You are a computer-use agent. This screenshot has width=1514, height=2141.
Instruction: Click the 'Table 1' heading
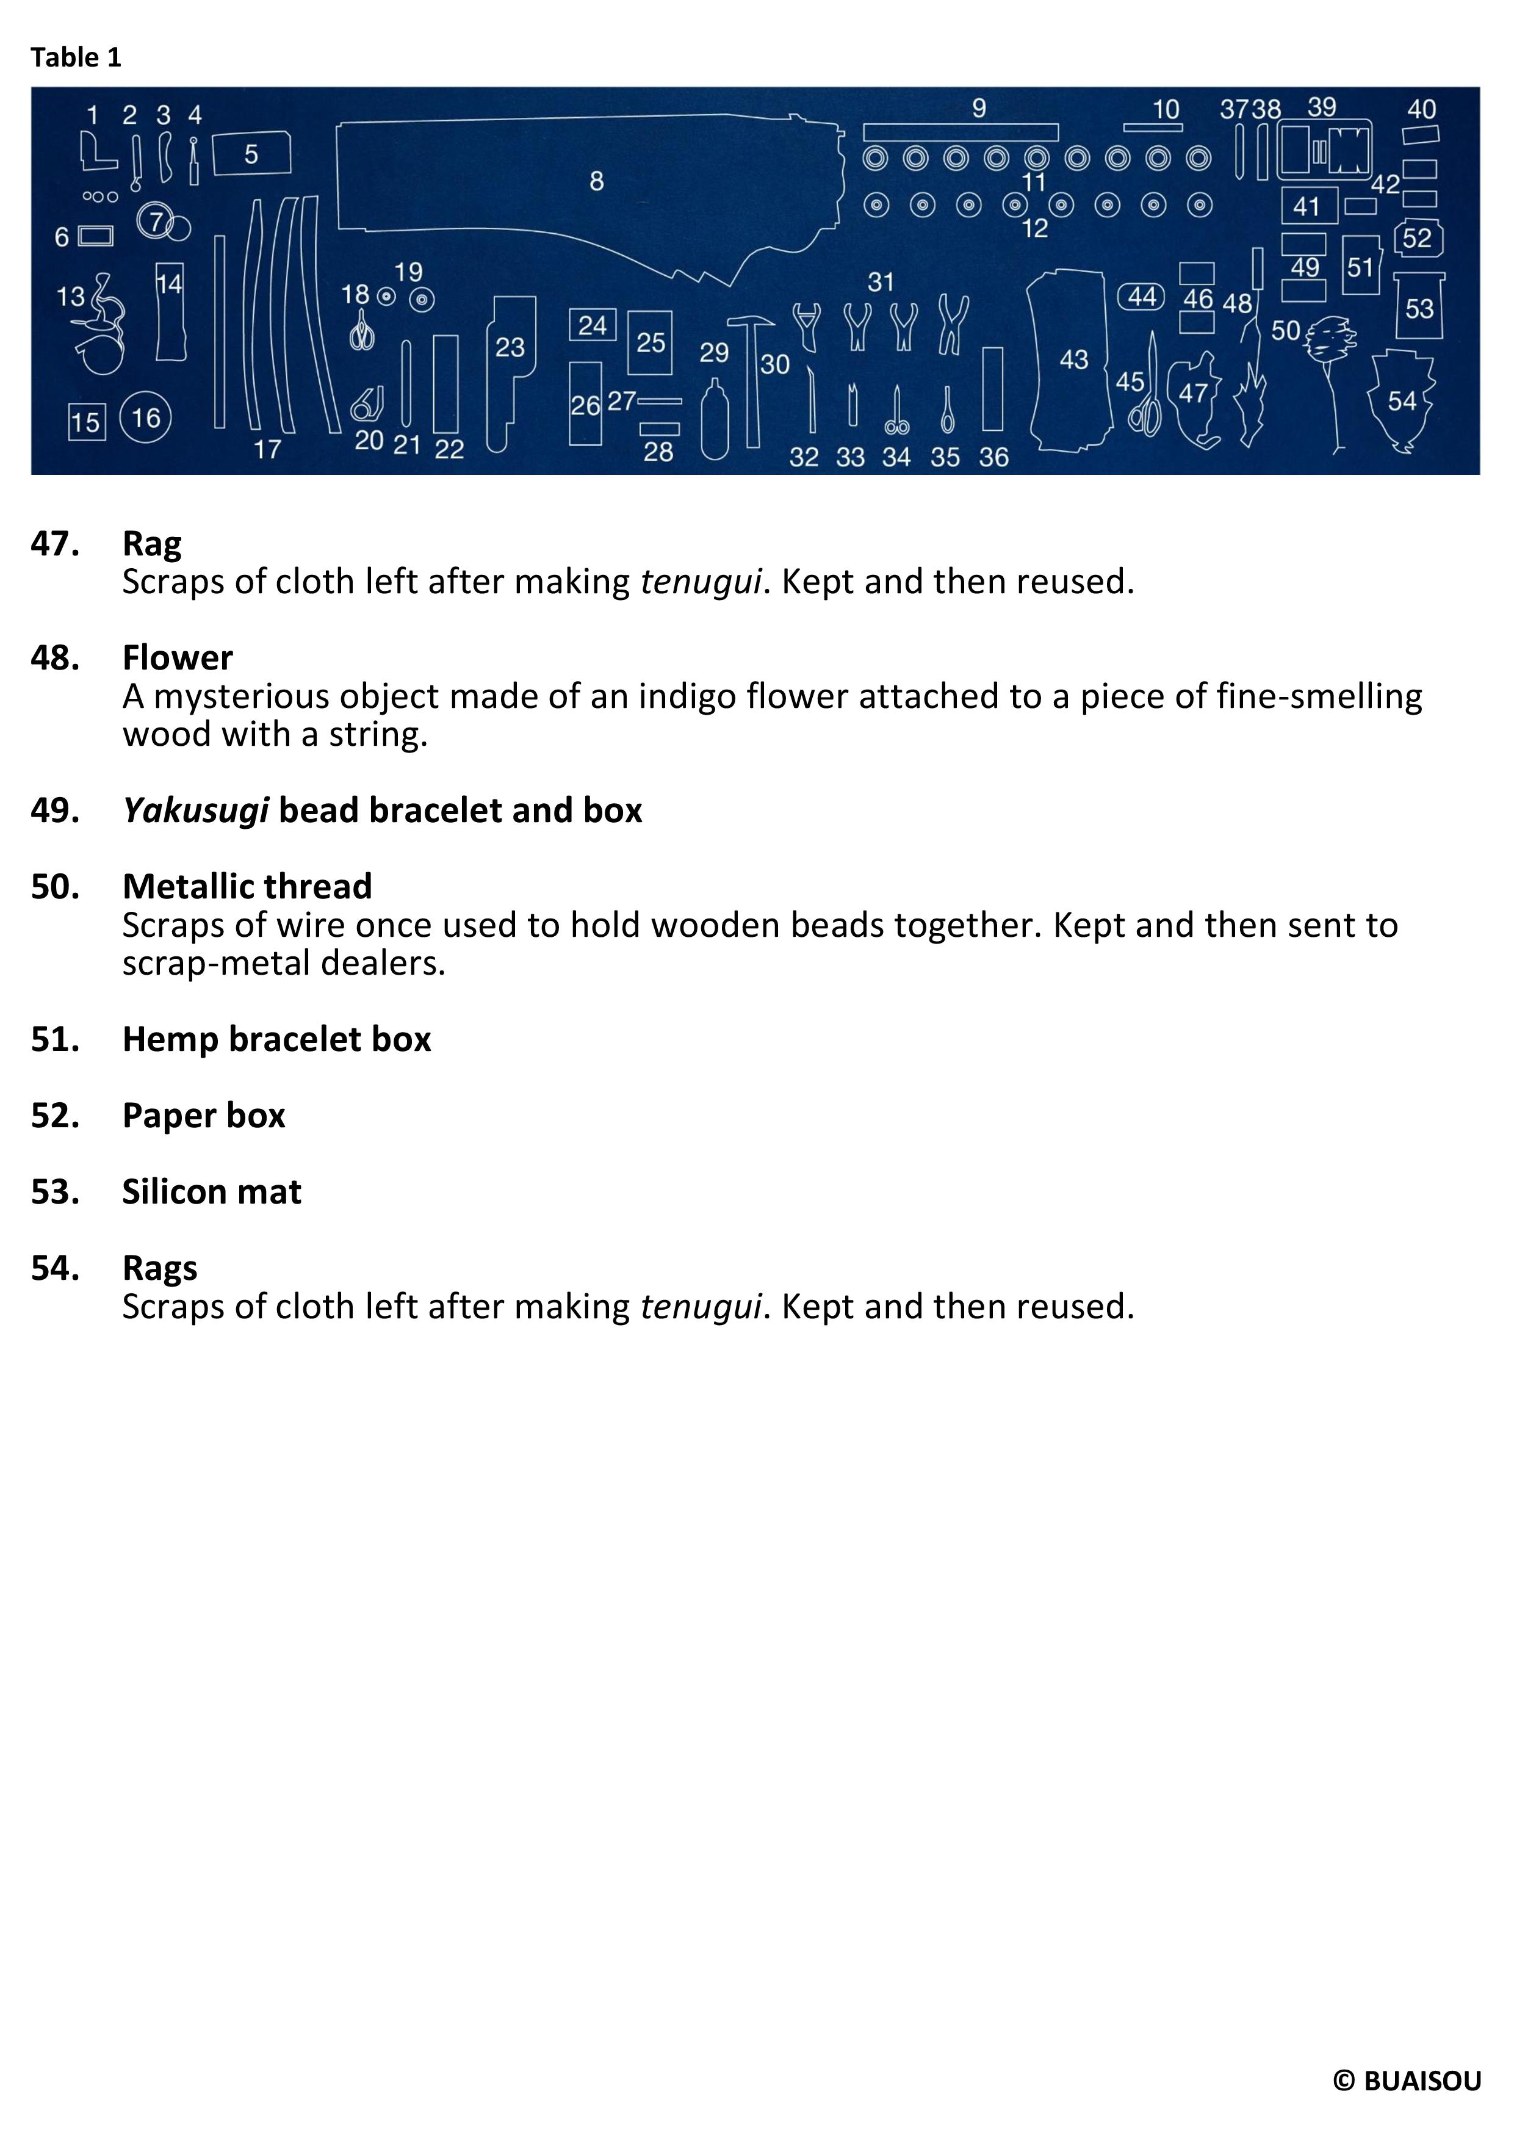pyautogui.click(x=76, y=58)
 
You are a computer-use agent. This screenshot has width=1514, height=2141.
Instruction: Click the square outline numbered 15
pyautogui.click(x=87, y=422)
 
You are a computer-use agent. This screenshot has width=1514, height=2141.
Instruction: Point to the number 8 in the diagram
pyautogui.click(x=597, y=181)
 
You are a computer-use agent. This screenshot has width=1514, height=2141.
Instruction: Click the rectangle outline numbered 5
pyautogui.click(x=251, y=154)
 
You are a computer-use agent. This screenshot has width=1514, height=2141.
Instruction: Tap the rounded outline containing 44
pyautogui.click(x=1142, y=297)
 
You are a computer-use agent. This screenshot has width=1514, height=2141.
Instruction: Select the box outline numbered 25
pyautogui.click(x=650, y=342)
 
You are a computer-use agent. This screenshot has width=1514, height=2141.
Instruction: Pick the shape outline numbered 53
pyautogui.click(x=1419, y=307)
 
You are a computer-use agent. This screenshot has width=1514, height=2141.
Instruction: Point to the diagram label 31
pyautogui.click(x=881, y=281)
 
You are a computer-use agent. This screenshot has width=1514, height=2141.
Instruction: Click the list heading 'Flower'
pyautogui.click(x=177, y=659)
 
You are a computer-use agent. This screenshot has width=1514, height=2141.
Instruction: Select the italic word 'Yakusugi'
pyautogui.click(x=196, y=811)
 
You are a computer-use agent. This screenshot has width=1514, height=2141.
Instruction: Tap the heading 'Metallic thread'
pyautogui.click(x=247, y=887)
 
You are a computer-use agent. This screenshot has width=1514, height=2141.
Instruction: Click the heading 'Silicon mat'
pyautogui.click(x=212, y=1193)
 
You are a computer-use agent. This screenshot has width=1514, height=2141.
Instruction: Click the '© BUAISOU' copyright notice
pyautogui.click(x=1407, y=2081)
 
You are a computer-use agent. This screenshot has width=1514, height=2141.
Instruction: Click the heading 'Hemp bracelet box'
pyautogui.click(x=276, y=1040)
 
